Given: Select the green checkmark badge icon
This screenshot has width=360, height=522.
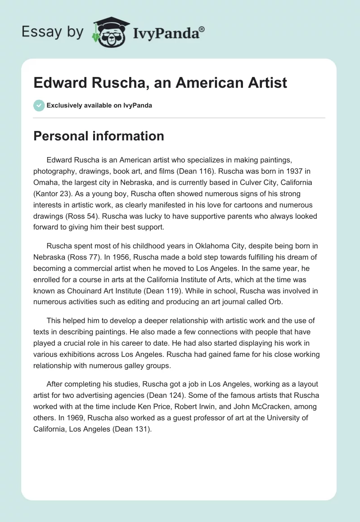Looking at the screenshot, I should tap(39, 105).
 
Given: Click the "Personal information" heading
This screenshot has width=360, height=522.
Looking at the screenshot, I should tap(99, 136).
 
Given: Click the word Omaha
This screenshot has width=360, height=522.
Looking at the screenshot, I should tap(46, 183).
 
